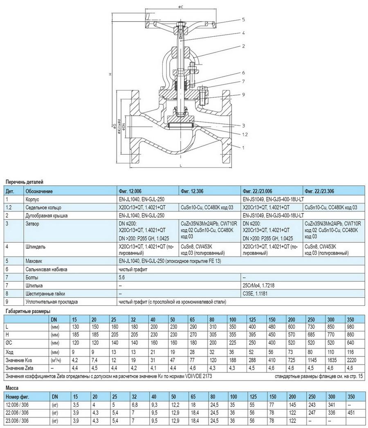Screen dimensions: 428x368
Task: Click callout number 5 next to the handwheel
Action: pos(243,19)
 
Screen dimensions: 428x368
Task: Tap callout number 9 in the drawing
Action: pos(243,95)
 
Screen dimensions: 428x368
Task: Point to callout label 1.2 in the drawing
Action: pos(244,134)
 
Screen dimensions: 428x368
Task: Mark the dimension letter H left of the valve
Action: pos(110,74)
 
